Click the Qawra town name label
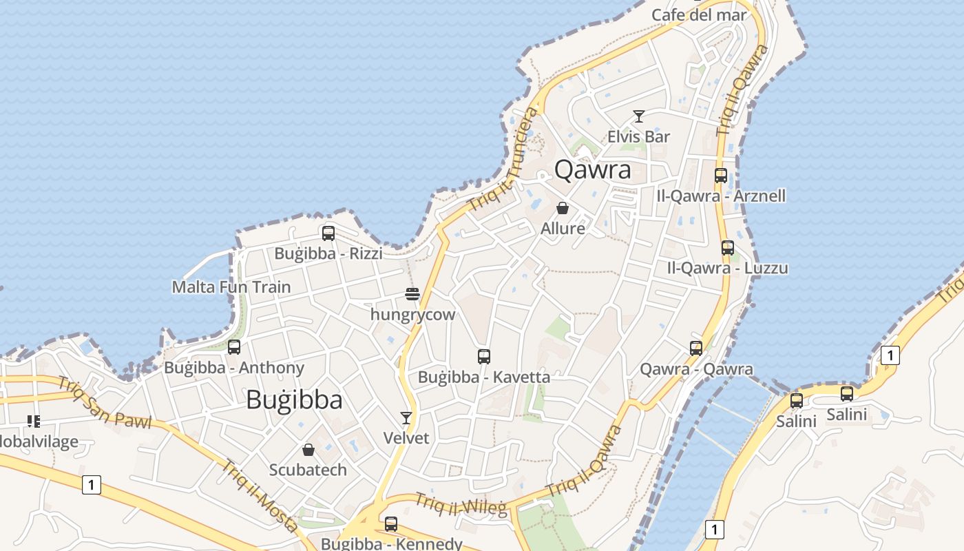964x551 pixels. pos(592,169)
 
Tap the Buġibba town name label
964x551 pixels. pos(294,399)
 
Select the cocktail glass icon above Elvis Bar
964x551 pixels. pos(639,116)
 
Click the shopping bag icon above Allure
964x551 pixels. pos(563,208)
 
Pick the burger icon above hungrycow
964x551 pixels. pos(412,295)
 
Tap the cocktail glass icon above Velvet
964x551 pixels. pos(406,418)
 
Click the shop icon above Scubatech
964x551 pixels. pos(308,450)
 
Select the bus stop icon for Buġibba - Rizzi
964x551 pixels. pos(328,233)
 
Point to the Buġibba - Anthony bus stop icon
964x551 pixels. pos(234,347)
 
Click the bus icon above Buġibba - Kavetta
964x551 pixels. pos(484,357)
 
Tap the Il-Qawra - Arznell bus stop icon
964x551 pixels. pos(721,176)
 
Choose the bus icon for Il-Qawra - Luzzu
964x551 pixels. pos(728,248)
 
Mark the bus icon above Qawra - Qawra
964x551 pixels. pos(696,349)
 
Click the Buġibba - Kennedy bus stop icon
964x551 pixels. pos(391,524)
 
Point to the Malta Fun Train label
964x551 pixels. pos(231,287)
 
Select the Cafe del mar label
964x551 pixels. pos(699,14)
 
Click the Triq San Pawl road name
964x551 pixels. pos(104,402)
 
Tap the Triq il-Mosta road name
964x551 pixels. pos(260,495)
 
